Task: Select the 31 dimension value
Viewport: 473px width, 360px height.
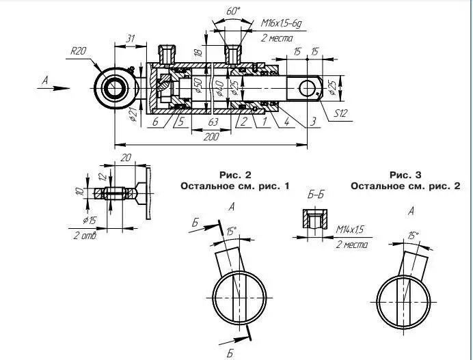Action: point(131,39)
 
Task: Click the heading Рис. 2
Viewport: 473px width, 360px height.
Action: point(235,174)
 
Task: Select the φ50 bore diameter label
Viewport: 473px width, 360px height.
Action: point(198,87)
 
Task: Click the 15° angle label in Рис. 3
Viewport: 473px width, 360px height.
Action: point(413,235)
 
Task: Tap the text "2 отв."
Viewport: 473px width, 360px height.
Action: point(85,236)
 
